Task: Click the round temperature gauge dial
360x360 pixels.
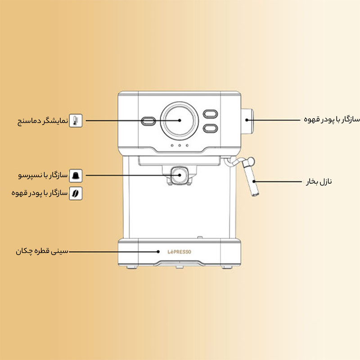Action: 180,120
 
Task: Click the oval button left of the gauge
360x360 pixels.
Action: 148,121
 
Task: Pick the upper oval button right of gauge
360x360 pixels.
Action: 210,114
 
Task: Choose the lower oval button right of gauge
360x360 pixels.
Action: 210,128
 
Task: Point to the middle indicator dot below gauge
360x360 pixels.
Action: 180,145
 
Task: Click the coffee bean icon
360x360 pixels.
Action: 77,193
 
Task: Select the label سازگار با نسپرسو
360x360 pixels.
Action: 47,175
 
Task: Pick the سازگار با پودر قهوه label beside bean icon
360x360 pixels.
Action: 40,193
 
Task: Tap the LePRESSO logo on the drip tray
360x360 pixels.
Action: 180,252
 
